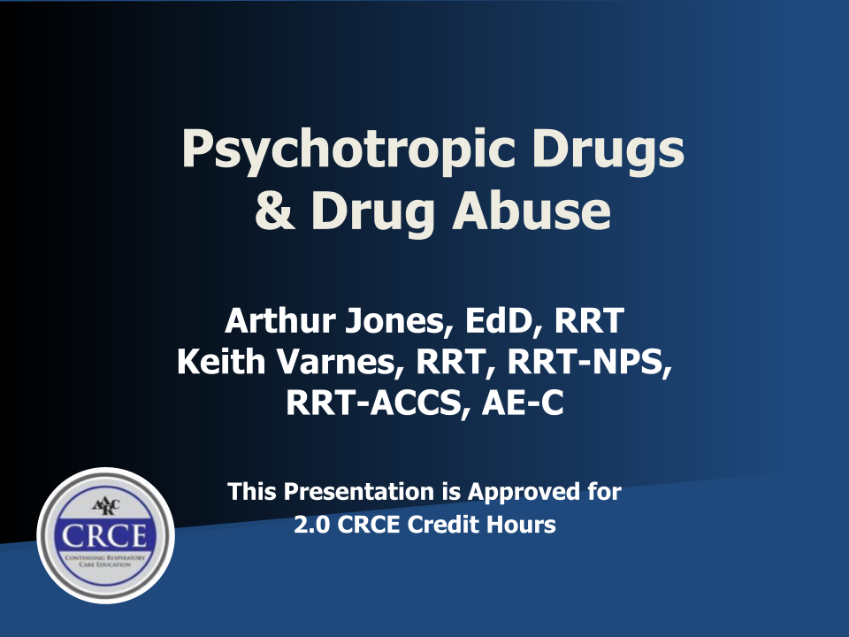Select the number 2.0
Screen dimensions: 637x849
pyautogui.click(x=310, y=525)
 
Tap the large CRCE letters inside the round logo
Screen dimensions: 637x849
pyautogui.click(x=105, y=535)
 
